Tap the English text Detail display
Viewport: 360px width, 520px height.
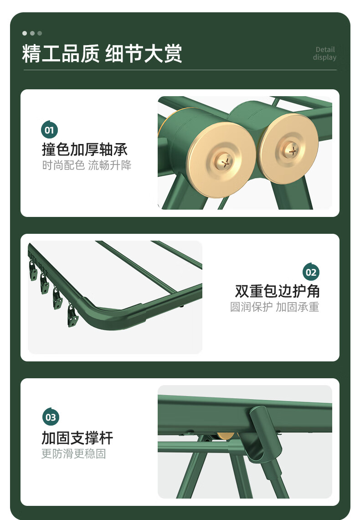[324, 53]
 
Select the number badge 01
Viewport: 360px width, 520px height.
[49, 130]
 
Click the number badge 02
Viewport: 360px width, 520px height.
[311, 272]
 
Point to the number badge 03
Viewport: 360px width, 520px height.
[51, 417]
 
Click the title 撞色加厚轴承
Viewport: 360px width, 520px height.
[84, 149]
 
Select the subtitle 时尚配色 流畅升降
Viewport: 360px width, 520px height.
[87, 165]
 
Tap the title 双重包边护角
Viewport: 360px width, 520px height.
[277, 291]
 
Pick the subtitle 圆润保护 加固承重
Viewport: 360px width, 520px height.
[274, 307]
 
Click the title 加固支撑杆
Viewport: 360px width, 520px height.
[77, 438]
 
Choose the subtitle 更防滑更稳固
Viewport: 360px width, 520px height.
[73, 453]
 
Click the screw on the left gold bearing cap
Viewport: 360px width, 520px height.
[226, 163]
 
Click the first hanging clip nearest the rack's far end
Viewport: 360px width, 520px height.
[33, 271]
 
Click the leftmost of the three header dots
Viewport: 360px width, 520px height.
[25, 33]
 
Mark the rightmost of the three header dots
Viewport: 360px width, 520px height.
[40, 33]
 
